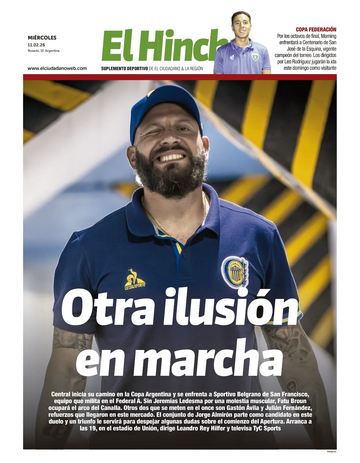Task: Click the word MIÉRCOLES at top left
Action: point(42,38)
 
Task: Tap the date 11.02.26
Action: point(36,45)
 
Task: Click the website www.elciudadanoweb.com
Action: point(57,68)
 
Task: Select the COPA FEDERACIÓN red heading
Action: point(316,29)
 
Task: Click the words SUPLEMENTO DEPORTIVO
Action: point(124,69)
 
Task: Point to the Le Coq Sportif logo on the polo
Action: point(134,280)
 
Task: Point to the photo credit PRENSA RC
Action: point(331,451)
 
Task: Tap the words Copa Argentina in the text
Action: point(151,394)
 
